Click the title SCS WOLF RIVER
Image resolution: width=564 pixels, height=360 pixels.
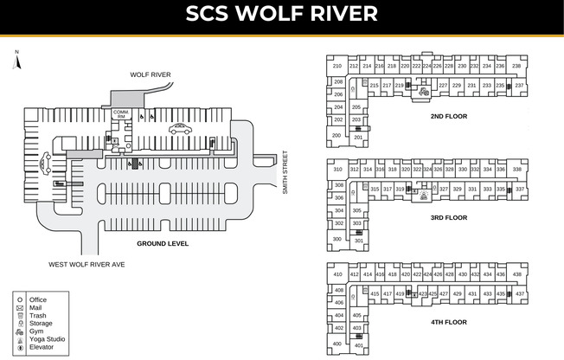(282, 14)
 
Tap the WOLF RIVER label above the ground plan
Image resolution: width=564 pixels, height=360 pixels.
(150, 75)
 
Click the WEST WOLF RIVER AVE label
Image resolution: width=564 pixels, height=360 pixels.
(87, 264)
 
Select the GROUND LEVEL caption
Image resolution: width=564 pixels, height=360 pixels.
(162, 244)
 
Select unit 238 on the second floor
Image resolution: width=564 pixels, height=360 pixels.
(516, 66)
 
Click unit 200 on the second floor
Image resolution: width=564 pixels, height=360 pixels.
(336, 135)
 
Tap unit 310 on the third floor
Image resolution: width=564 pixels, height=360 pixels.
(337, 170)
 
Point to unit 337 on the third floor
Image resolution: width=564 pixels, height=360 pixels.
(520, 189)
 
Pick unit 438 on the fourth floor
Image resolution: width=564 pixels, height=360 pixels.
(516, 274)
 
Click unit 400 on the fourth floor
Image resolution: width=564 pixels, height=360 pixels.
(336, 344)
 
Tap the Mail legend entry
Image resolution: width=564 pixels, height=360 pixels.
(36, 307)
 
